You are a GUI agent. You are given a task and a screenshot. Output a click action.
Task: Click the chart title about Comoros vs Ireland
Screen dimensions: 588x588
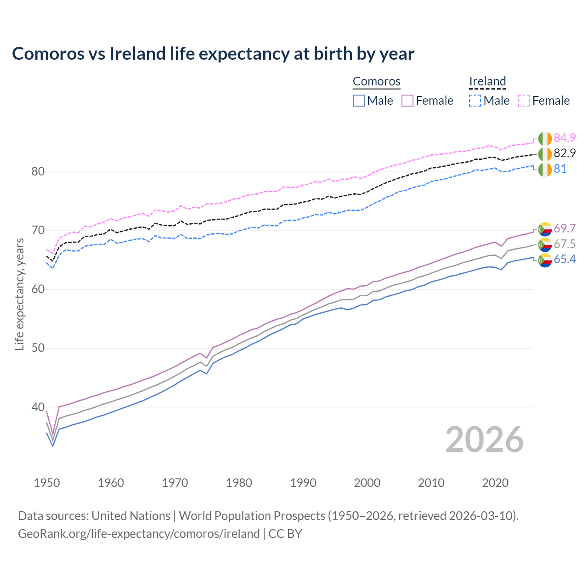pos(213,54)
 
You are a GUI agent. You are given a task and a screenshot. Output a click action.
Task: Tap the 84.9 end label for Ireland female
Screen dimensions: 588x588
pos(565,138)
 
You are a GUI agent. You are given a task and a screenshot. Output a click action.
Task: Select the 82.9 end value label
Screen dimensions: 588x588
pos(565,153)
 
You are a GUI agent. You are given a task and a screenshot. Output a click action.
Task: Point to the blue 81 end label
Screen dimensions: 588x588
pos(560,169)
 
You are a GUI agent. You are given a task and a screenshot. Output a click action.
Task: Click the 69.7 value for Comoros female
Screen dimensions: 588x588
pos(565,228)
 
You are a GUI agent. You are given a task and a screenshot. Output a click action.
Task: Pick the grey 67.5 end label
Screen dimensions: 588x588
pos(565,244)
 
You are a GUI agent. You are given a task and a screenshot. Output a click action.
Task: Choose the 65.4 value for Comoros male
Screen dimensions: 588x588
pos(565,260)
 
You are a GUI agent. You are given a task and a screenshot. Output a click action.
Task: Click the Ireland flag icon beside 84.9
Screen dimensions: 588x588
pos(545,138)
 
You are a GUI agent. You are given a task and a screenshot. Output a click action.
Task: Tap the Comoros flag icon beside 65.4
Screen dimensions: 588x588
pos(545,260)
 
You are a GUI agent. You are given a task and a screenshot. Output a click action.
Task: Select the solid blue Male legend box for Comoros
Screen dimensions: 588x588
pos(359,101)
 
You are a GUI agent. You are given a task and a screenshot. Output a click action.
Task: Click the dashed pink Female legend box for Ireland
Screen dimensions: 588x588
pos(524,101)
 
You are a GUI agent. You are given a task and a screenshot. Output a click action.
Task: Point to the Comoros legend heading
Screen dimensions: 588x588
pos(377,81)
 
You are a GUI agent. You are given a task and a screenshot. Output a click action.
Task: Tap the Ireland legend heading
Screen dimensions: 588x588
pos(487,81)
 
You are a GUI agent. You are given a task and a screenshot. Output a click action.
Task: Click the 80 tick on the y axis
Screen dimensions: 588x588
pos(38,172)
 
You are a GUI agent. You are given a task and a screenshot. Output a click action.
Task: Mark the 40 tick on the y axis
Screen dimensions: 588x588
pos(38,407)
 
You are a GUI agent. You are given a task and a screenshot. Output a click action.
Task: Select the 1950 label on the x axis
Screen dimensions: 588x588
pos(47,483)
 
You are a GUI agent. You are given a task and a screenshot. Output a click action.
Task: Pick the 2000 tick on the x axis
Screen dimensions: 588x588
pos(367,483)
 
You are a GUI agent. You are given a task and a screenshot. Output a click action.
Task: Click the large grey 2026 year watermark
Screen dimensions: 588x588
pos(485,440)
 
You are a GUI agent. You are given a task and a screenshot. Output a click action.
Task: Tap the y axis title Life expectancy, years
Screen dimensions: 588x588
pos(19,294)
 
